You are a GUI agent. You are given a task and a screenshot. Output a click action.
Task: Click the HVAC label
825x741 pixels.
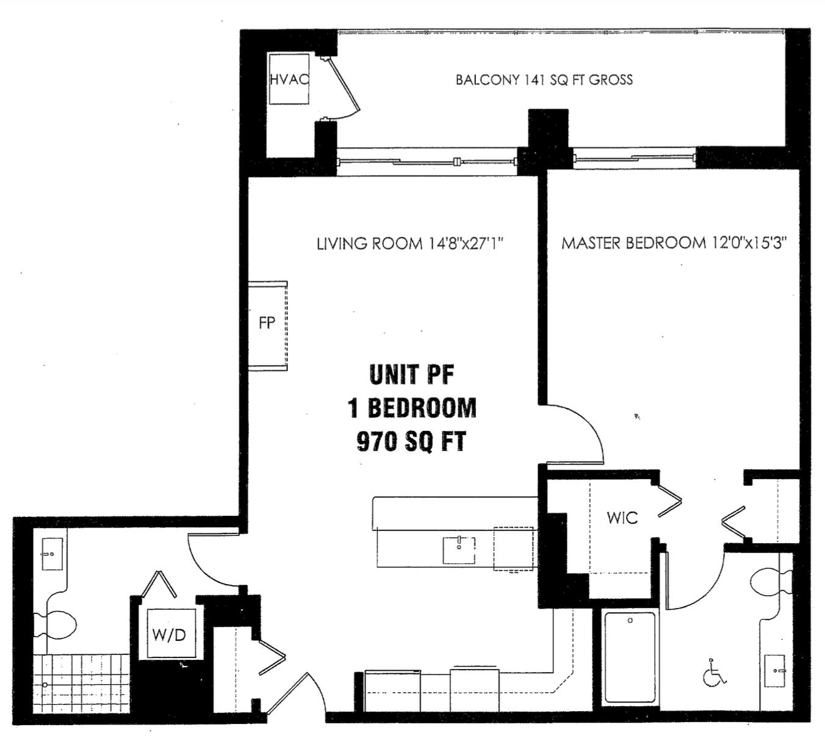coord(289,79)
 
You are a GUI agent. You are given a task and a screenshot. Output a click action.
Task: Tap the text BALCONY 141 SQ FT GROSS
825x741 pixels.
coord(544,80)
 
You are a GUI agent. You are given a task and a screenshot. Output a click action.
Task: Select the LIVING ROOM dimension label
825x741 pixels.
coord(409,244)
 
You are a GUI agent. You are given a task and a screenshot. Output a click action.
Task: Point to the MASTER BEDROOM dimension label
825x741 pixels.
coord(674,243)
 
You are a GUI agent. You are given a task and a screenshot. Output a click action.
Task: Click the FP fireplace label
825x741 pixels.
coord(267,323)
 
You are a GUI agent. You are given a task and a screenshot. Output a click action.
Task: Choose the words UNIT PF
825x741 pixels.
coord(412,375)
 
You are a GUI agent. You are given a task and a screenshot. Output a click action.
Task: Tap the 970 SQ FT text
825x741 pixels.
coord(412,441)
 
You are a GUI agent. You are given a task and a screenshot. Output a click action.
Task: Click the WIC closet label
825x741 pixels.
coord(622,518)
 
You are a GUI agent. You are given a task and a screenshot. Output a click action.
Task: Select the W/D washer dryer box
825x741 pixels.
coord(169,635)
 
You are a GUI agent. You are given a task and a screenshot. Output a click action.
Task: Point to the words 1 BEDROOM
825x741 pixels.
coord(412,408)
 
